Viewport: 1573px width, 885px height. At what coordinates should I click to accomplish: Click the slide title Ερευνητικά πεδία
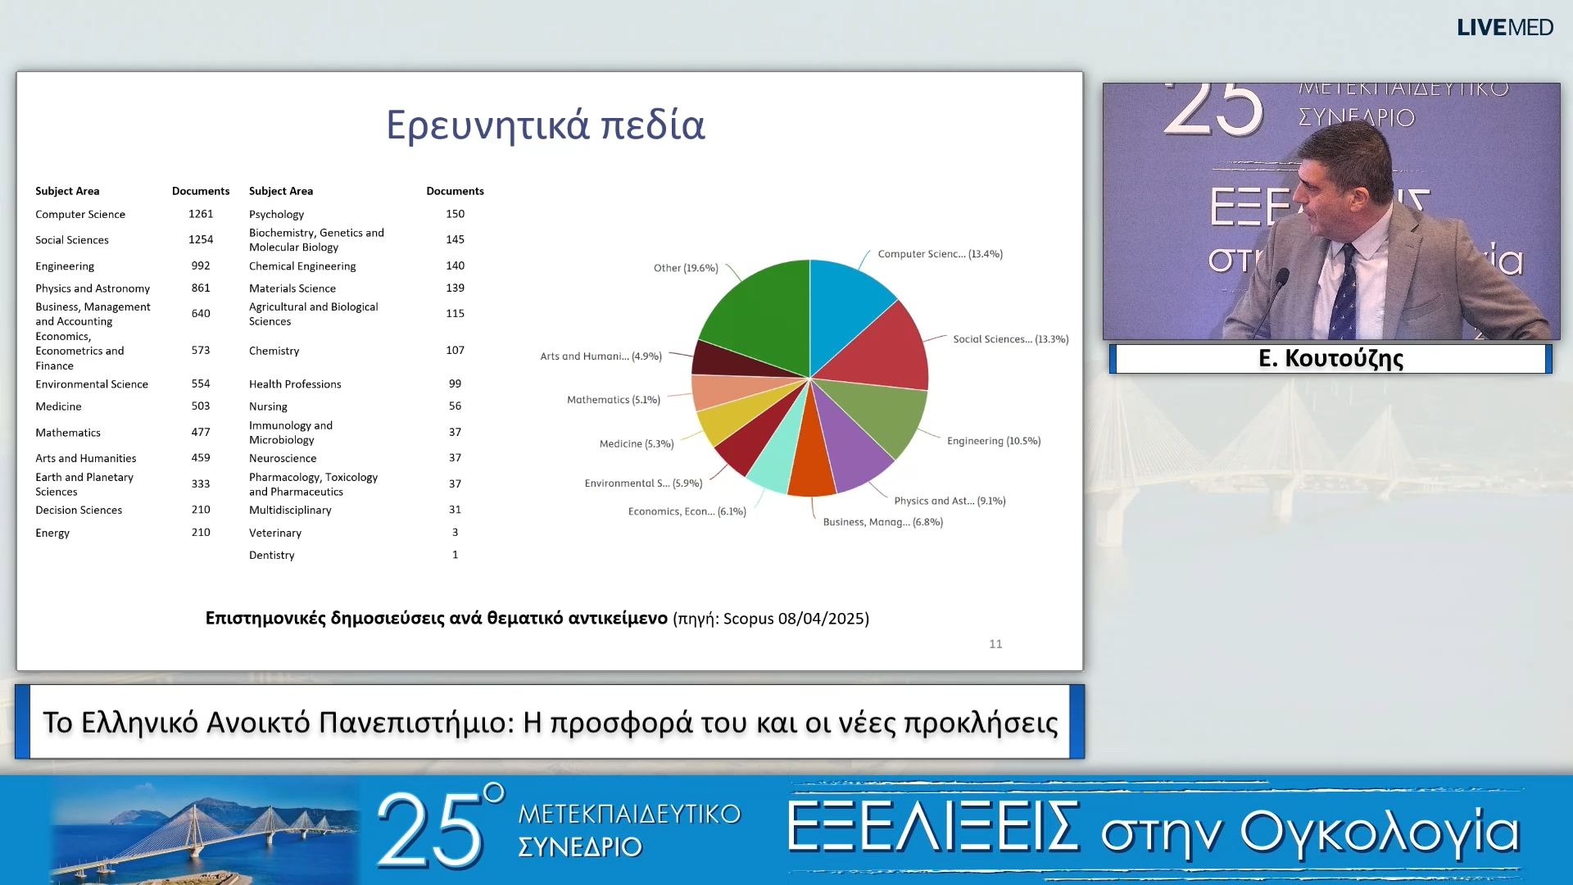pos(545,125)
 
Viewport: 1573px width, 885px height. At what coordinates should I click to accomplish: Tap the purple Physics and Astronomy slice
pos(852,447)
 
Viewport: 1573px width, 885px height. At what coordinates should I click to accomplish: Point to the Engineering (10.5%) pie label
pos(993,441)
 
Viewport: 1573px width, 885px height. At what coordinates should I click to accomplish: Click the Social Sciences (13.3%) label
pos(1010,339)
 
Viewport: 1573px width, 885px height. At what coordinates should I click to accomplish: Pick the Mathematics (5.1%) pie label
pos(613,400)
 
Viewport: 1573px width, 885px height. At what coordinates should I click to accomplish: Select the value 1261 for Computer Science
pos(201,214)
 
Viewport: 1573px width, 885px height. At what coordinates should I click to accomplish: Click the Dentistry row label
pos(271,555)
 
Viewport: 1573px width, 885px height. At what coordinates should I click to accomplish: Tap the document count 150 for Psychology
pos(455,214)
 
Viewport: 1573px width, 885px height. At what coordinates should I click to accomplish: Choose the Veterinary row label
pos(274,533)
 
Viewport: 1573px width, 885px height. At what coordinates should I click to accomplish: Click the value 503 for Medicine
pos(201,406)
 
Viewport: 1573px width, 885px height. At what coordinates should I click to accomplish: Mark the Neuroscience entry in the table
pos(282,458)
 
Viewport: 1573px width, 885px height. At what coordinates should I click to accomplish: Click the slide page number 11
pos(995,644)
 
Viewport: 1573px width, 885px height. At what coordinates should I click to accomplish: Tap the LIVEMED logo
pos(1504,28)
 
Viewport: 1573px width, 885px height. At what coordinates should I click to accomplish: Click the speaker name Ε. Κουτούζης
pos(1330,359)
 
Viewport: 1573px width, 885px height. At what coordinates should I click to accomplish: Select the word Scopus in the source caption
pos(748,619)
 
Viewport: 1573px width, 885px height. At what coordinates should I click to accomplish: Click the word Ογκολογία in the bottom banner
pos(1380,832)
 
